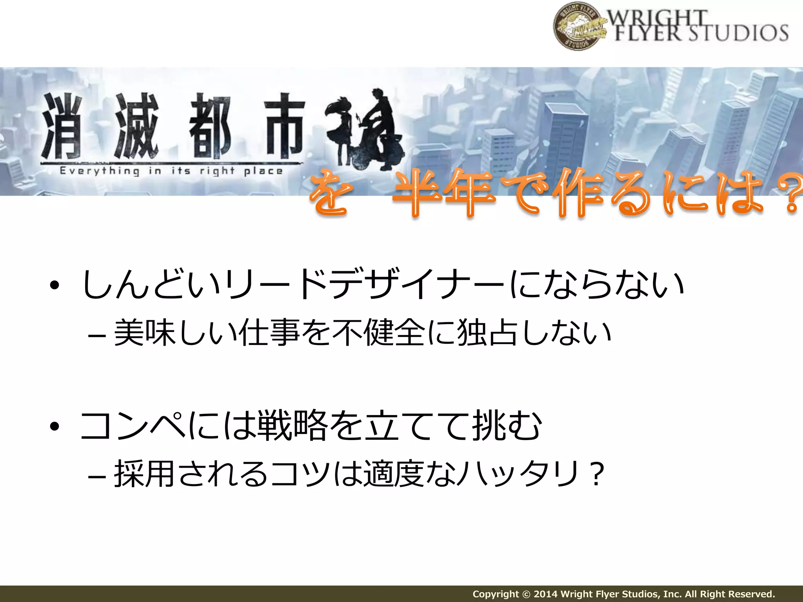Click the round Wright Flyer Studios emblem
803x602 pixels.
coord(577,26)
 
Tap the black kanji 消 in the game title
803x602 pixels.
coord(62,126)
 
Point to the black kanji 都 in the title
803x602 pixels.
coord(210,126)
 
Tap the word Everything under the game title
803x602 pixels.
coord(100,171)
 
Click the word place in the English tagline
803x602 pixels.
coord(263,171)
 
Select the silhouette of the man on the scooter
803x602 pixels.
coord(378,129)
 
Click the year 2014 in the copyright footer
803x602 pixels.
coord(546,594)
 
